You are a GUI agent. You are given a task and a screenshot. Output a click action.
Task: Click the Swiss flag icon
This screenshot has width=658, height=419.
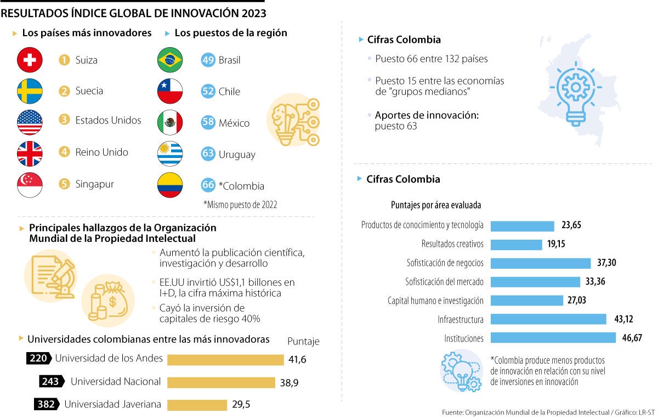(x=30, y=60)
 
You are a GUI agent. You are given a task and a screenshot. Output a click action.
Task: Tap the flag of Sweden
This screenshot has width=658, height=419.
(x=30, y=91)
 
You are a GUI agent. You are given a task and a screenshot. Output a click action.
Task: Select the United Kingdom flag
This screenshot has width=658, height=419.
(x=30, y=154)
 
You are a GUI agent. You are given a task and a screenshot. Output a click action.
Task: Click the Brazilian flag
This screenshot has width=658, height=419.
(x=170, y=60)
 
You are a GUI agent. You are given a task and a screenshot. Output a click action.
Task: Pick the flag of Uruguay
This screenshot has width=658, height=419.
(x=170, y=154)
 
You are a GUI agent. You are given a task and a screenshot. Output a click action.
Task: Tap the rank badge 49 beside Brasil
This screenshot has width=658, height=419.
(x=208, y=60)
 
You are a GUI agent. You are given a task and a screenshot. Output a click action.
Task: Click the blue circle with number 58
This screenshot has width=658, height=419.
(x=208, y=122)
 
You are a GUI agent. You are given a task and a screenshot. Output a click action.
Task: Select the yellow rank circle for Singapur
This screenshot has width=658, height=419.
(x=65, y=184)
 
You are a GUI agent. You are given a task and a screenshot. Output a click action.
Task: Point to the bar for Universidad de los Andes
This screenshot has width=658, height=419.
(x=225, y=360)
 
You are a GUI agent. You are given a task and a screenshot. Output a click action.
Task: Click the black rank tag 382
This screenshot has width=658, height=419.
(x=46, y=404)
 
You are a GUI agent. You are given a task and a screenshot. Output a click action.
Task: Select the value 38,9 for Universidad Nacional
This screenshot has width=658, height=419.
(x=289, y=383)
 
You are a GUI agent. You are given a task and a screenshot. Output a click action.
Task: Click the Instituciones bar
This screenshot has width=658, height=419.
(x=553, y=338)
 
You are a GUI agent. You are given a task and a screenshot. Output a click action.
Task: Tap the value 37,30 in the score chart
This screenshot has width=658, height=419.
(x=606, y=263)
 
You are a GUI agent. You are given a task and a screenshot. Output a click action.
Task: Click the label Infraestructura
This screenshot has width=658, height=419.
(x=460, y=319)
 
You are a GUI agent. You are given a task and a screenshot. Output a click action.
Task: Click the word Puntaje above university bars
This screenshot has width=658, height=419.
(x=303, y=341)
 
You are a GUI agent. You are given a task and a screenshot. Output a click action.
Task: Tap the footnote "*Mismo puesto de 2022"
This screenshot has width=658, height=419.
(x=240, y=205)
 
